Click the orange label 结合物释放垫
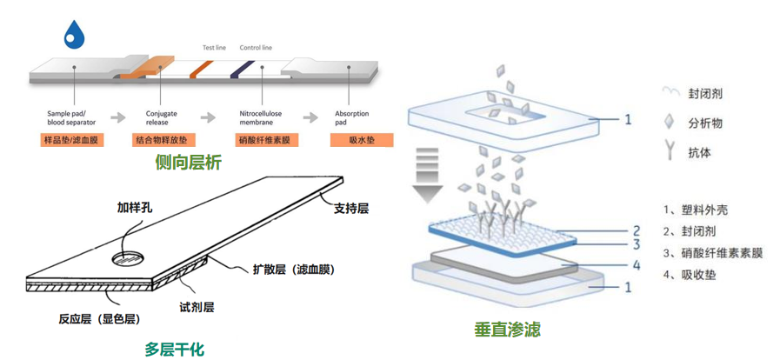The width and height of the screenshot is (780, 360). (x=166, y=140)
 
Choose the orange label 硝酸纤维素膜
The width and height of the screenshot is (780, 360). (x=268, y=140)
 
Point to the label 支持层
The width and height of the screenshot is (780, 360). (x=351, y=209)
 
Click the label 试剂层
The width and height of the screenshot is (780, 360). (x=197, y=306)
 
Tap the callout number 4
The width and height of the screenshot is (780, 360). (x=636, y=264)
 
